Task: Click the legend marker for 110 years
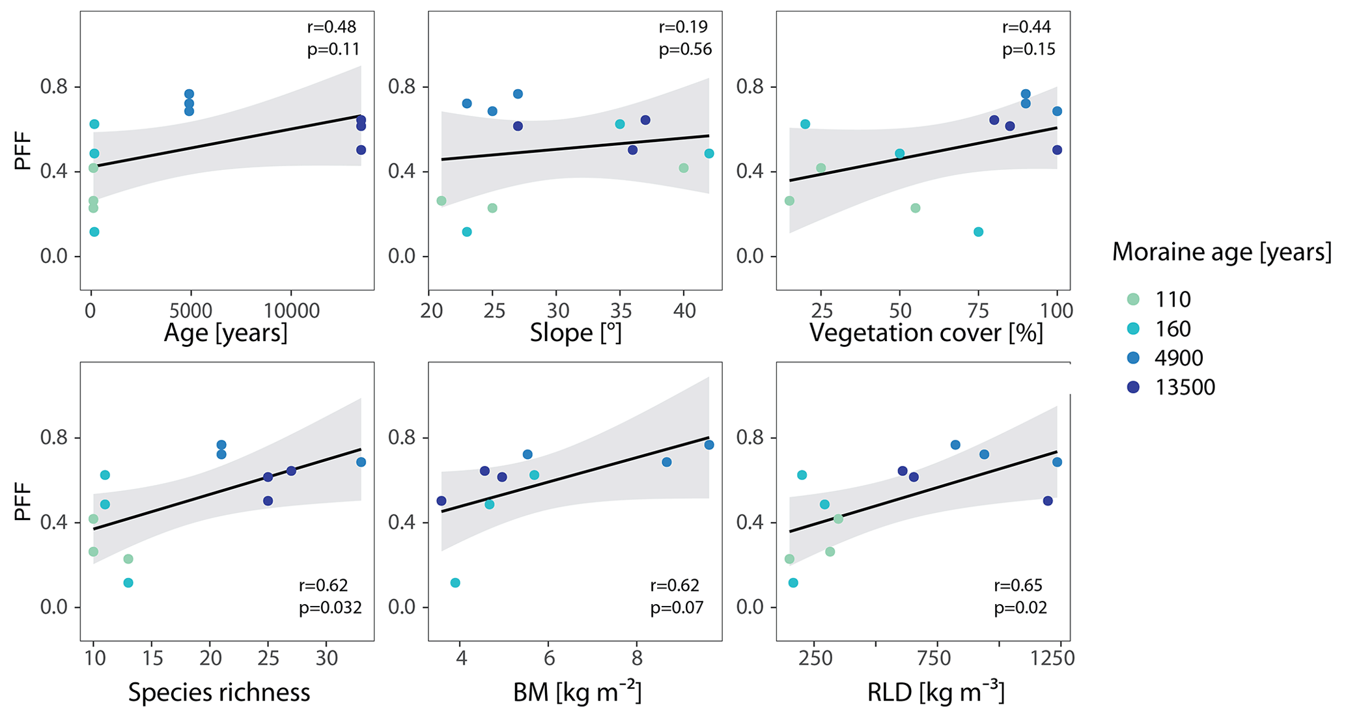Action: click(1134, 299)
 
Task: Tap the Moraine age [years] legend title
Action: click(1221, 252)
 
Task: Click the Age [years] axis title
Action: click(225, 333)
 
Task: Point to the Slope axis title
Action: click(576, 333)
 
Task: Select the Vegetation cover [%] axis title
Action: click(926, 333)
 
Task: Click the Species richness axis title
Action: click(219, 692)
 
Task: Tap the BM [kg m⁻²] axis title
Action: click(577, 692)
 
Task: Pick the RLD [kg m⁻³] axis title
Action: click(936, 692)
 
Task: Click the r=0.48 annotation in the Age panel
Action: click(331, 27)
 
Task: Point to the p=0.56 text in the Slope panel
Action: click(685, 49)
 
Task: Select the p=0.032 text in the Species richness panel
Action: click(329, 608)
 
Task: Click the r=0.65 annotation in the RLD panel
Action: click(1018, 585)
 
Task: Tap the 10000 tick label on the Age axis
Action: click(290, 311)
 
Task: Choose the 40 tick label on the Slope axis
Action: click(684, 311)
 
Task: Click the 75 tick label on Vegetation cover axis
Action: click(978, 311)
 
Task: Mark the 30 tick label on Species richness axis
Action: click(326, 659)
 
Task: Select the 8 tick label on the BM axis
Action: click(637, 659)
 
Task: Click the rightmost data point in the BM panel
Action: click(709, 445)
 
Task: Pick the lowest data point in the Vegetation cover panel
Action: click(978, 232)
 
